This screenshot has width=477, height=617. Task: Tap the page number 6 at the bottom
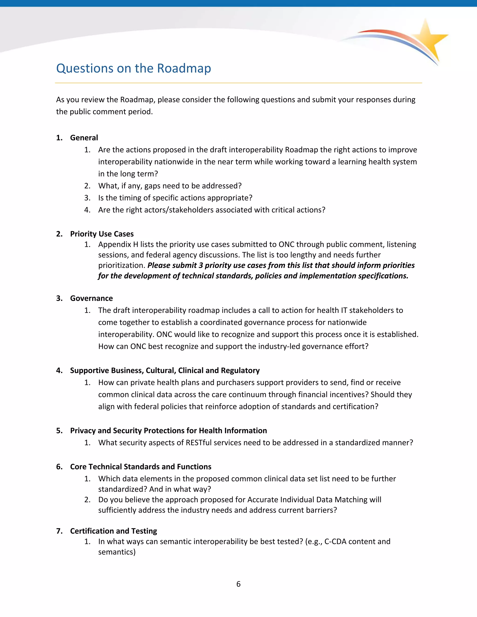tap(238, 584)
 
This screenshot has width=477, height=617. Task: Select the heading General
tap(84, 138)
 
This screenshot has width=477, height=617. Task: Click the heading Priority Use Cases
tap(102, 234)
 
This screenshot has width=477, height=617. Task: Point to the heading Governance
tap(91, 298)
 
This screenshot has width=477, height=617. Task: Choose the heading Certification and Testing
tap(113, 531)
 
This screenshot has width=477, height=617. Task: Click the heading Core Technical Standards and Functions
tap(140, 466)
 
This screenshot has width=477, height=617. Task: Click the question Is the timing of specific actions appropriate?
tap(175, 198)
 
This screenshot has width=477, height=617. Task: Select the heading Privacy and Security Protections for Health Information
tap(168, 431)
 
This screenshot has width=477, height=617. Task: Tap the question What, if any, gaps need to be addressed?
tap(170, 186)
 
